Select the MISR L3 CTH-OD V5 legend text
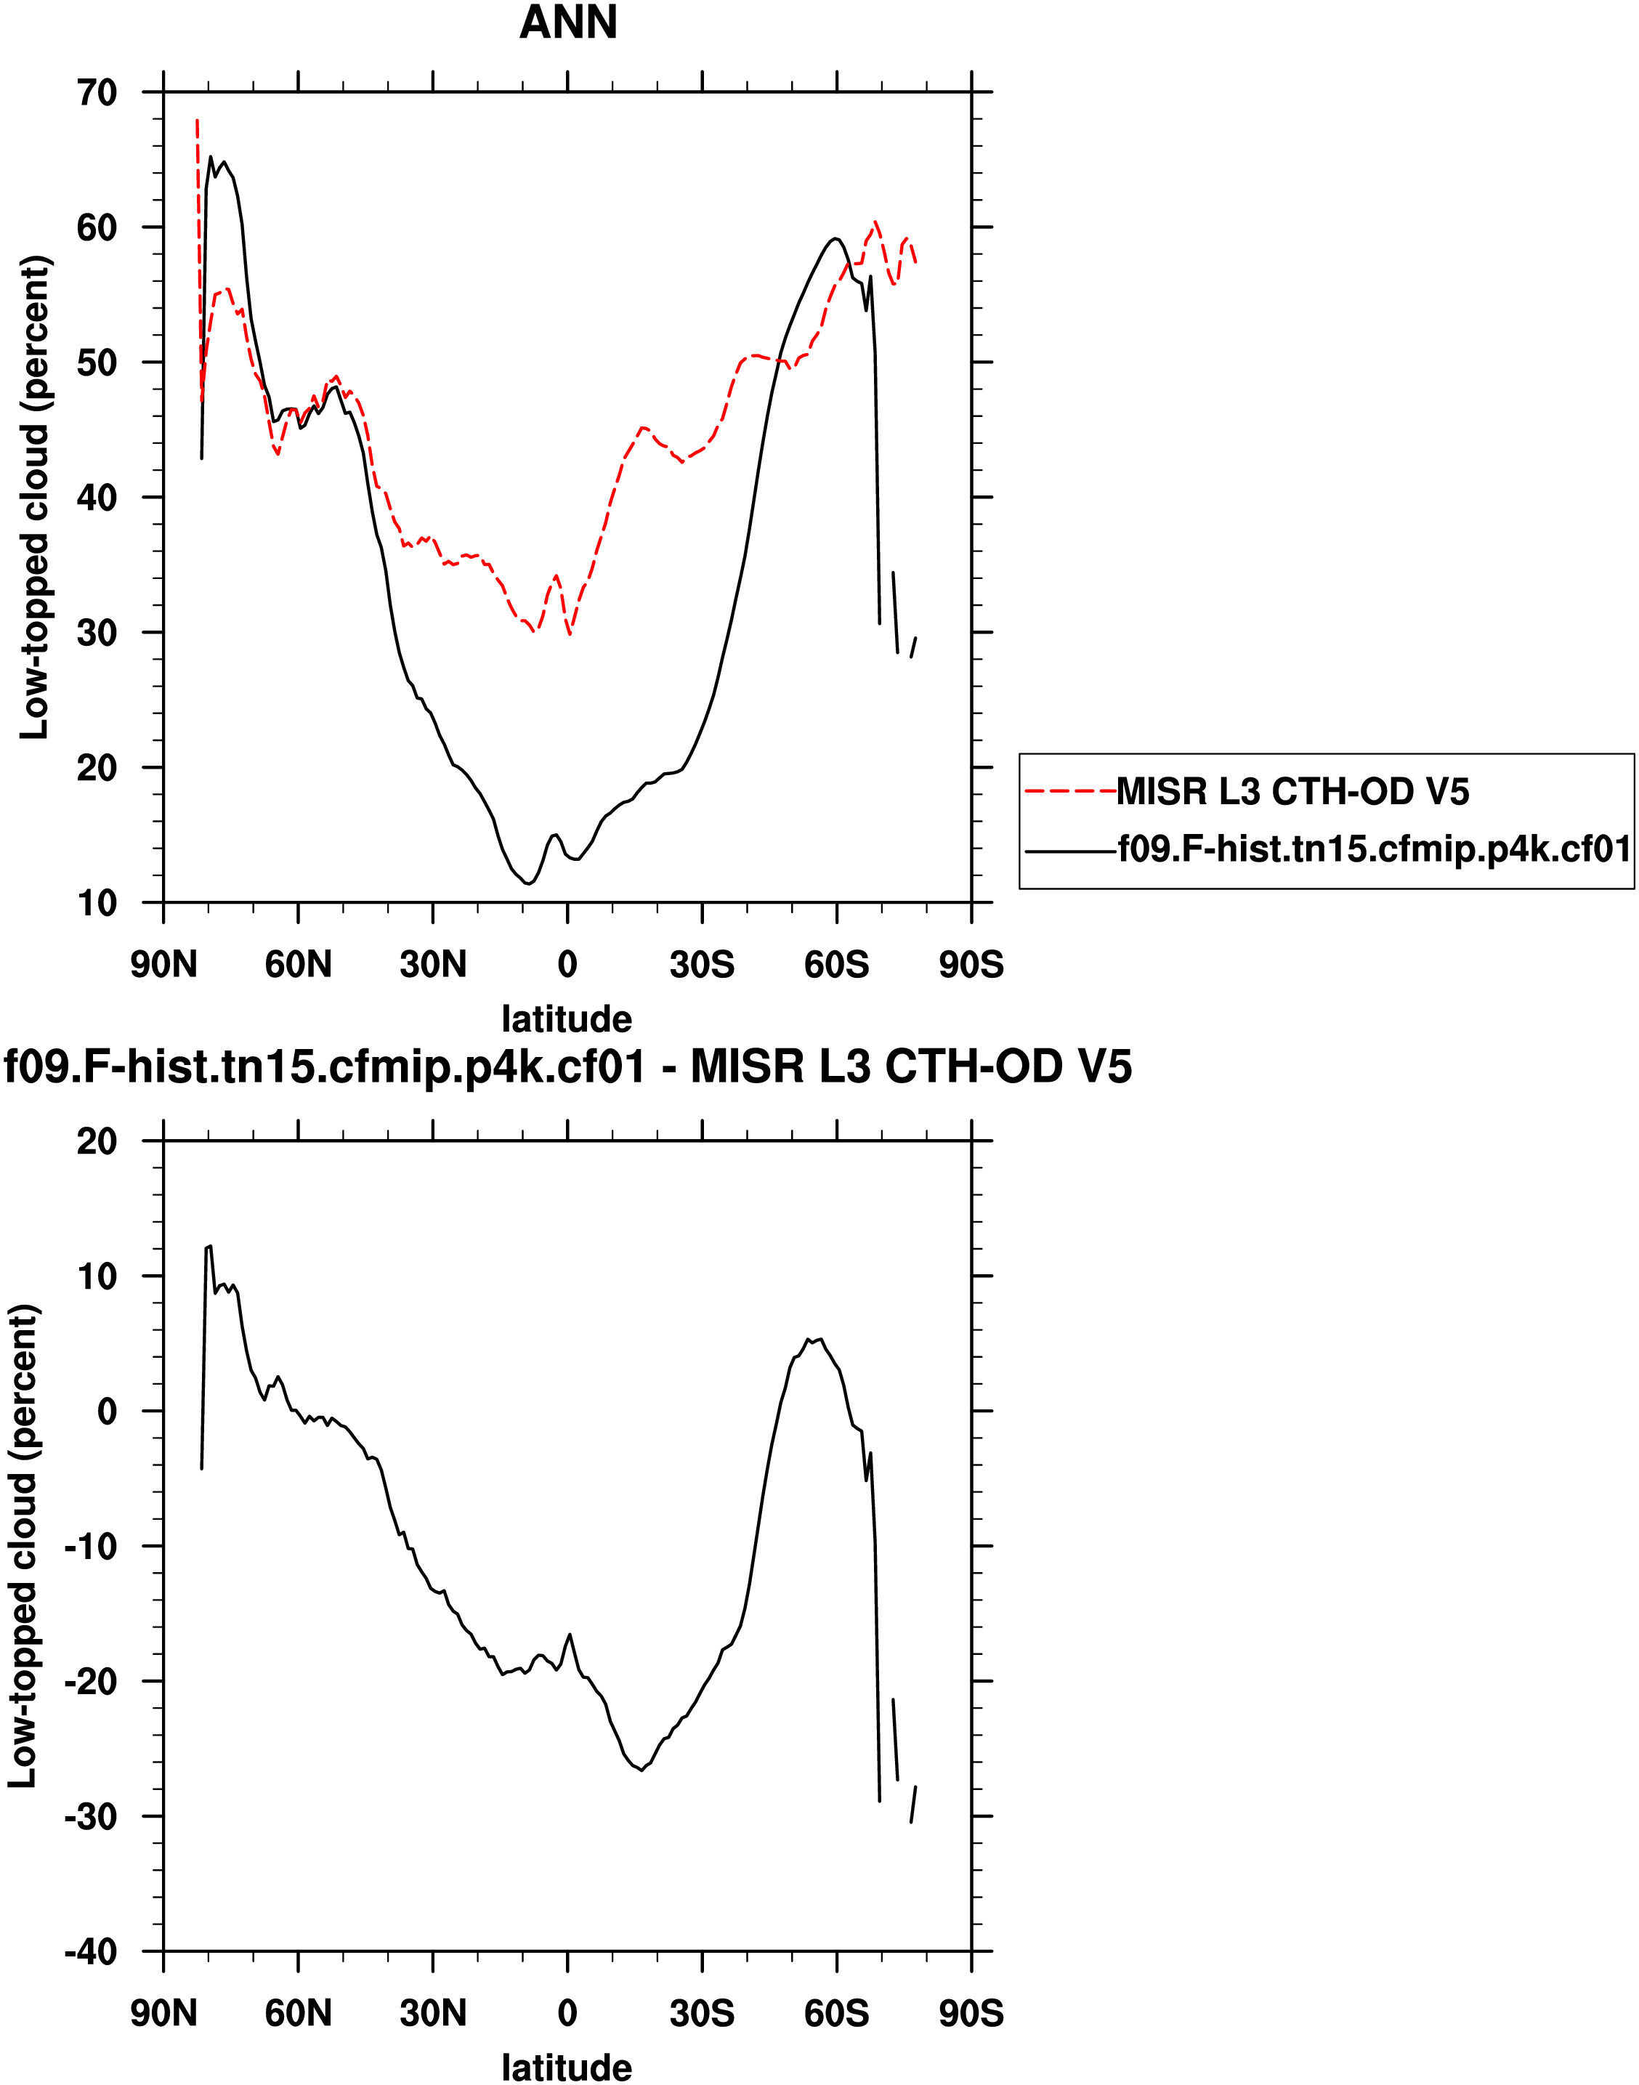(1292, 792)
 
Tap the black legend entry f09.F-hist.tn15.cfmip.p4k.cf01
(1374, 849)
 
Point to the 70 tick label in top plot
(96, 93)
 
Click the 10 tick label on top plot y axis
(96, 903)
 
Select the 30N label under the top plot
(433, 964)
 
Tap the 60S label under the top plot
(837, 964)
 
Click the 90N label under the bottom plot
(163, 2013)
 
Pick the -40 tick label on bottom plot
(90, 1951)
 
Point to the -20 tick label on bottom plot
(90, 1681)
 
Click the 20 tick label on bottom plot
(96, 1141)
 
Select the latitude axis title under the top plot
(567, 1018)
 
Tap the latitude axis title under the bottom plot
(567, 2067)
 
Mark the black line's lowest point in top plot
(529, 883)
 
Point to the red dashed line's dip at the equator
(570, 634)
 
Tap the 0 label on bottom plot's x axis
(567, 2013)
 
